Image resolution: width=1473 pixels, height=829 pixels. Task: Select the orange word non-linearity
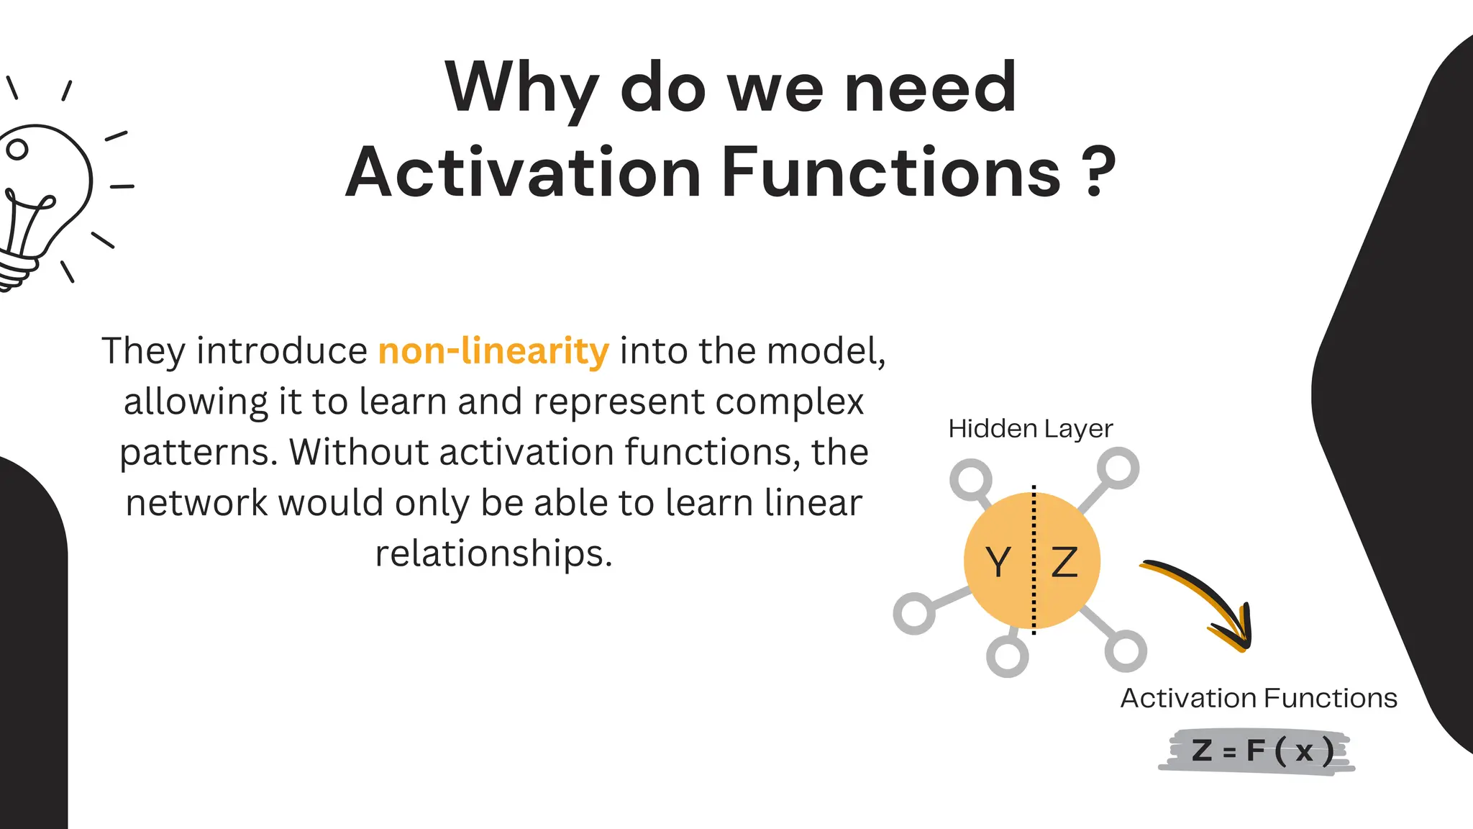click(x=493, y=351)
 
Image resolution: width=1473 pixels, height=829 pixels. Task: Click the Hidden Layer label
click(x=1030, y=429)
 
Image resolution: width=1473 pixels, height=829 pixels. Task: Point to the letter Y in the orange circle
click(x=998, y=562)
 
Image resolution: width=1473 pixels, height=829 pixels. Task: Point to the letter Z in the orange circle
click(x=1064, y=562)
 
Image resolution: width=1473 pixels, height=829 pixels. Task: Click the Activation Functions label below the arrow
click(x=1258, y=698)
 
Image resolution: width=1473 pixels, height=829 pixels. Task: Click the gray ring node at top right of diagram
click(x=1118, y=468)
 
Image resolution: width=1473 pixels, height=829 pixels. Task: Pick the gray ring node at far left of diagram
click(x=914, y=614)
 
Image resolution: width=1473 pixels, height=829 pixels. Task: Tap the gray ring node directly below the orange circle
click(x=1007, y=656)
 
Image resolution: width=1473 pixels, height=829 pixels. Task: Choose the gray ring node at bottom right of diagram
click(x=1126, y=651)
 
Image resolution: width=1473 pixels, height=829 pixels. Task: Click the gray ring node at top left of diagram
click(x=971, y=480)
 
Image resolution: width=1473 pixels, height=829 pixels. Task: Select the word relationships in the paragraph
click(x=493, y=553)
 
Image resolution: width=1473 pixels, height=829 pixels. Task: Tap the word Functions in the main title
click(x=890, y=173)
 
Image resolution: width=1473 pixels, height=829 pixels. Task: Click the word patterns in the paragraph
click(x=198, y=453)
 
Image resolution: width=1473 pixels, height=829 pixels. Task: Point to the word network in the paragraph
click(x=196, y=503)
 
